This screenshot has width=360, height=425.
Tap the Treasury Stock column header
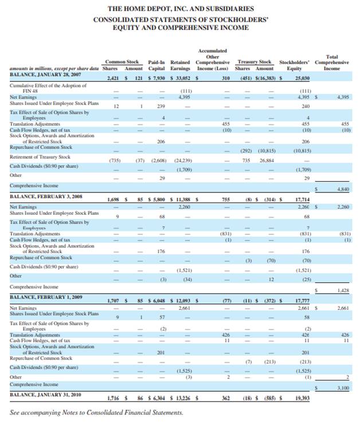click(255, 61)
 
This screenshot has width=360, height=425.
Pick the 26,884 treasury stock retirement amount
click(268, 161)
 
